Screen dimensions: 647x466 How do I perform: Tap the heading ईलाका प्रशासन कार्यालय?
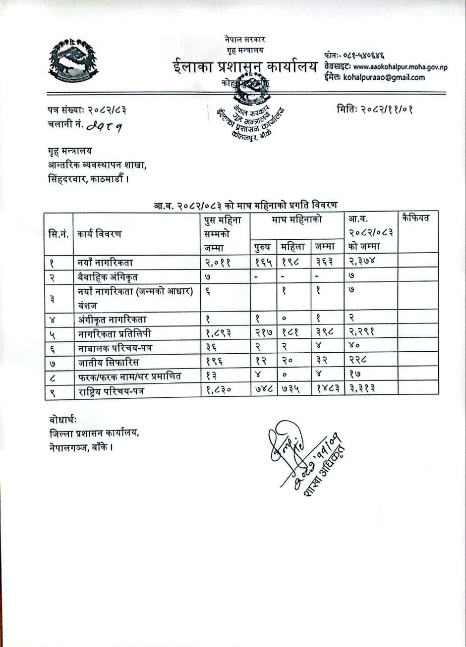(x=245, y=67)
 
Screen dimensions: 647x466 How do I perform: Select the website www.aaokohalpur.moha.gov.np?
(x=400, y=67)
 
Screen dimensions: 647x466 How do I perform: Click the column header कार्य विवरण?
(x=99, y=232)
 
